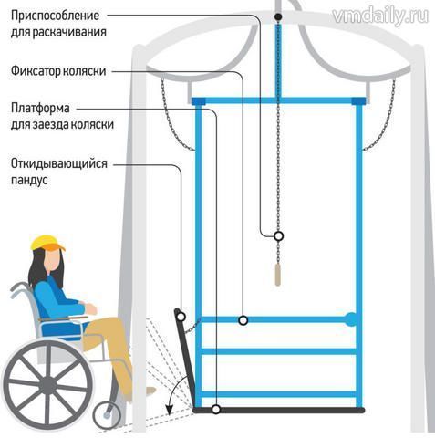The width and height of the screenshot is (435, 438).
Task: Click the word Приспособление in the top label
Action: [55, 16]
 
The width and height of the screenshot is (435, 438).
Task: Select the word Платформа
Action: [40, 108]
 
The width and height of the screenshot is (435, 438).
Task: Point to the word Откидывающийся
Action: [59, 163]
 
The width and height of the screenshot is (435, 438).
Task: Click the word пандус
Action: [29, 180]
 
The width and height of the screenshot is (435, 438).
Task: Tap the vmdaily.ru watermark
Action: [380, 15]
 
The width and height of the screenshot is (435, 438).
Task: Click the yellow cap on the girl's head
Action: [47, 243]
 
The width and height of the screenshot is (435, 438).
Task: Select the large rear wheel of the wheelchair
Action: [48, 384]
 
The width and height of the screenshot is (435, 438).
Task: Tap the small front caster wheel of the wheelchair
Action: [107, 415]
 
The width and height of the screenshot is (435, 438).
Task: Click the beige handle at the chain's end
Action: [277, 275]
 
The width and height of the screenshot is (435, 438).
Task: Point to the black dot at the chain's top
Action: [278, 16]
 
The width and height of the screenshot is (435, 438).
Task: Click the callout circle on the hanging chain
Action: [278, 235]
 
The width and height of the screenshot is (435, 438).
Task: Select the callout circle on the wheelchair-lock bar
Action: [243, 320]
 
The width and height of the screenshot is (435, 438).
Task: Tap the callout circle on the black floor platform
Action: [216, 409]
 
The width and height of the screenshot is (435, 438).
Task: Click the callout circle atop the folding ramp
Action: [181, 317]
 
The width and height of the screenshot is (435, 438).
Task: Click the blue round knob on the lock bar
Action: [351, 319]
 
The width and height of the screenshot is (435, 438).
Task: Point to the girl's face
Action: [52, 259]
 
